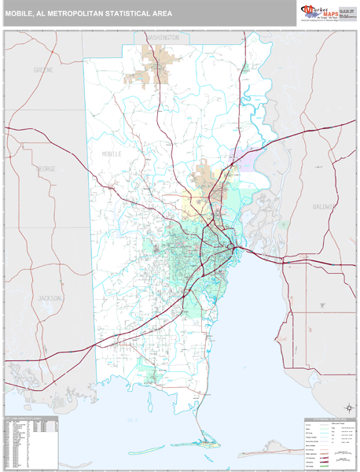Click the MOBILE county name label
(x=112, y=154)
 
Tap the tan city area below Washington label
(x=153, y=67)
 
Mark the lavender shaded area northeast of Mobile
(x=241, y=161)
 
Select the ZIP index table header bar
(x=31, y=417)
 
